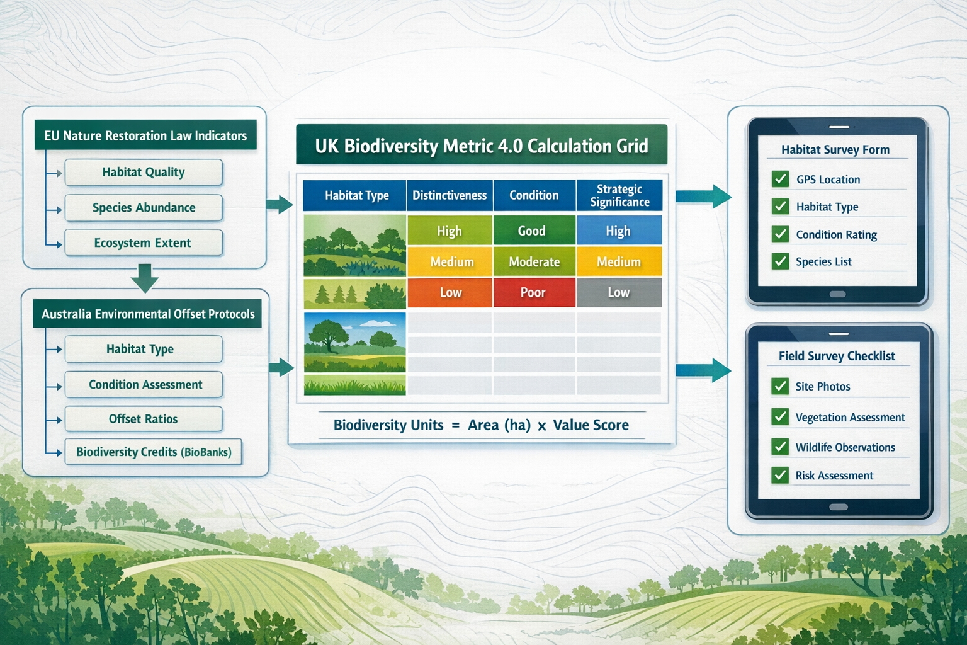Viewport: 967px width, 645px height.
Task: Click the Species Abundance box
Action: [144, 208]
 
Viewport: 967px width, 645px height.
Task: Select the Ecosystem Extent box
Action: [144, 243]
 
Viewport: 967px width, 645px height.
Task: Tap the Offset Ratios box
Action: [144, 419]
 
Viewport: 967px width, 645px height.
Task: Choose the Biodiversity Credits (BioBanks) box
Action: [153, 452]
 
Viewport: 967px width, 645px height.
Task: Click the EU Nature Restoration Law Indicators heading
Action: [145, 135]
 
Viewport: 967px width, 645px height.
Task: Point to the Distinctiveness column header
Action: [450, 195]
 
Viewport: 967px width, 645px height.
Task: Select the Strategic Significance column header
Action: [619, 195]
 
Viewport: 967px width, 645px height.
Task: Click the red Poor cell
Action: [534, 292]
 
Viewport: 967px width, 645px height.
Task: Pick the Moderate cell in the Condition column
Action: [534, 261]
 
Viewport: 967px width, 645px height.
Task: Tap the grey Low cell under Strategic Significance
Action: [619, 292]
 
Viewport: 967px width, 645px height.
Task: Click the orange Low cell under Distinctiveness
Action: [450, 292]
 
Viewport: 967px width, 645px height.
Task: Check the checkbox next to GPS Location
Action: [780, 179]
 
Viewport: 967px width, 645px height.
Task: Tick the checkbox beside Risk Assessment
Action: [780, 475]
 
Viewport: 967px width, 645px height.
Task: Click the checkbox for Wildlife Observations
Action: [780, 447]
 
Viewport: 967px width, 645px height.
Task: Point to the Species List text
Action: [823, 262]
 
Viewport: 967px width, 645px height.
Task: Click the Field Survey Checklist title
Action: [837, 356]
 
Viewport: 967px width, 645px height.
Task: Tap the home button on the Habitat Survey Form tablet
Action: [837, 294]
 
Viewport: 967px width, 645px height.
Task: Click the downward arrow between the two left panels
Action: [145, 278]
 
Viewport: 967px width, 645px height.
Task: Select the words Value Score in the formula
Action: [591, 425]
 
